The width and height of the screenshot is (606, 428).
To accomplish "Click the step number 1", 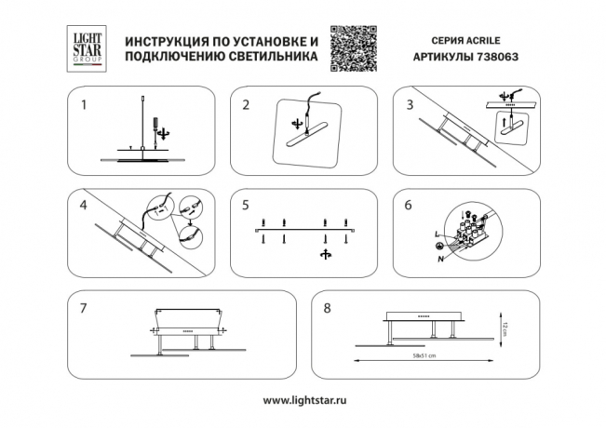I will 85,105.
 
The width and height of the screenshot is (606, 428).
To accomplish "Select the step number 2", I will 246,105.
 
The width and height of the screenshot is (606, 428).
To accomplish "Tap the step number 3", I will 409,105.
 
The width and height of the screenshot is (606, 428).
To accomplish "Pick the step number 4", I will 84,204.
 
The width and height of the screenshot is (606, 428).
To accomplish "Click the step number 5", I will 246,204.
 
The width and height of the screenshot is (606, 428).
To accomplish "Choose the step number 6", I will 409,204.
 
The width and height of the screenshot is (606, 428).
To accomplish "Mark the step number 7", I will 84,306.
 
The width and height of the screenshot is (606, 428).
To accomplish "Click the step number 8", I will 326,306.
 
